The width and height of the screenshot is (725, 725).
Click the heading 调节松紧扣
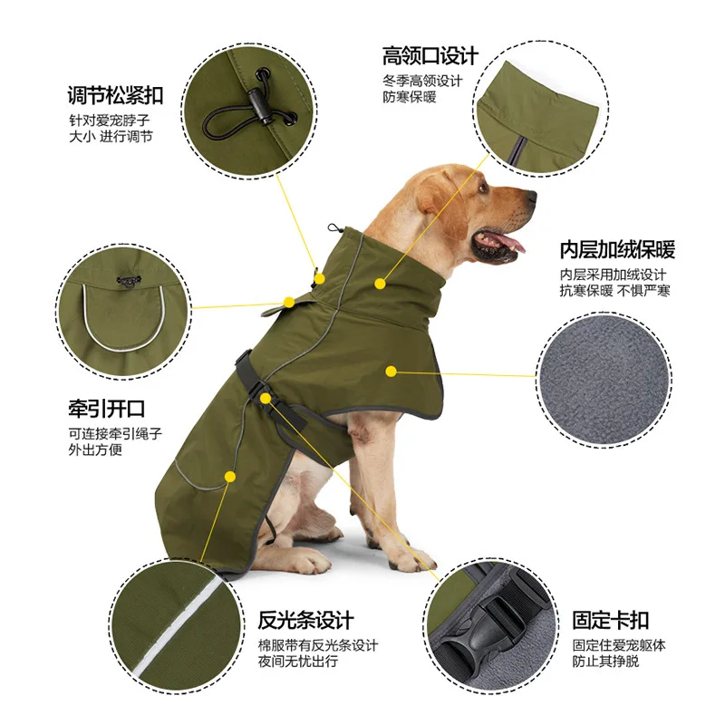tap(116, 94)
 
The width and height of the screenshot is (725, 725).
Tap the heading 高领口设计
tap(430, 56)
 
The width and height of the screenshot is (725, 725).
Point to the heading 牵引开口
tap(106, 409)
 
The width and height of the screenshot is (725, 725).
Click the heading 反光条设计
tap(305, 621)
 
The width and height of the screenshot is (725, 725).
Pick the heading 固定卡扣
tap(611, 621)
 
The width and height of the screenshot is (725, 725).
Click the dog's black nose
tap(529, 195)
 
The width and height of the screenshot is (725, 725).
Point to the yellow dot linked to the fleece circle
tap(391, 370)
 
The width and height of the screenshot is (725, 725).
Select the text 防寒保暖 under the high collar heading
tap(409, 96)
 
